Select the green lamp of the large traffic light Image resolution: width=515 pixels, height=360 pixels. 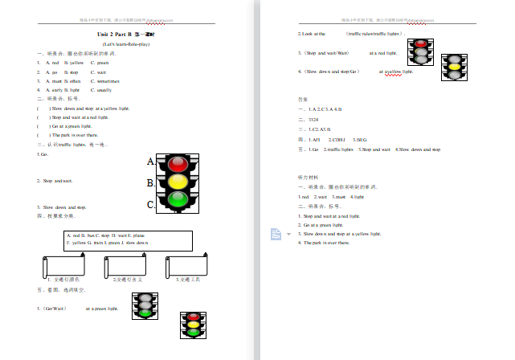178,198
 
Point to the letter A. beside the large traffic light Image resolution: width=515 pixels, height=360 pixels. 151,162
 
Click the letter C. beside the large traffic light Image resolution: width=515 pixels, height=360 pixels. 151,205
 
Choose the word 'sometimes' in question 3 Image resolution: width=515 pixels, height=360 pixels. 108,81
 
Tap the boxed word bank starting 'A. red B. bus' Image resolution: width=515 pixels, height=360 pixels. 127,239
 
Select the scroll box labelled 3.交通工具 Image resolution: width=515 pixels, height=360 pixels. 188,265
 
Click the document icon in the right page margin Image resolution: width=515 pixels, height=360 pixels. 274,233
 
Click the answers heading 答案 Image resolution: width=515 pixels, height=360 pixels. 303,99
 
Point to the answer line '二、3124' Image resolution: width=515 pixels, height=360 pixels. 309,119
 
